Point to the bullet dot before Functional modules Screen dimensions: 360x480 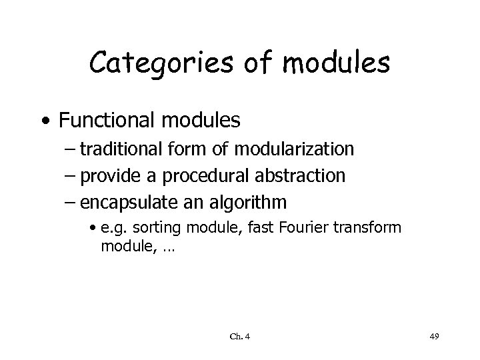tap(44, 122)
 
